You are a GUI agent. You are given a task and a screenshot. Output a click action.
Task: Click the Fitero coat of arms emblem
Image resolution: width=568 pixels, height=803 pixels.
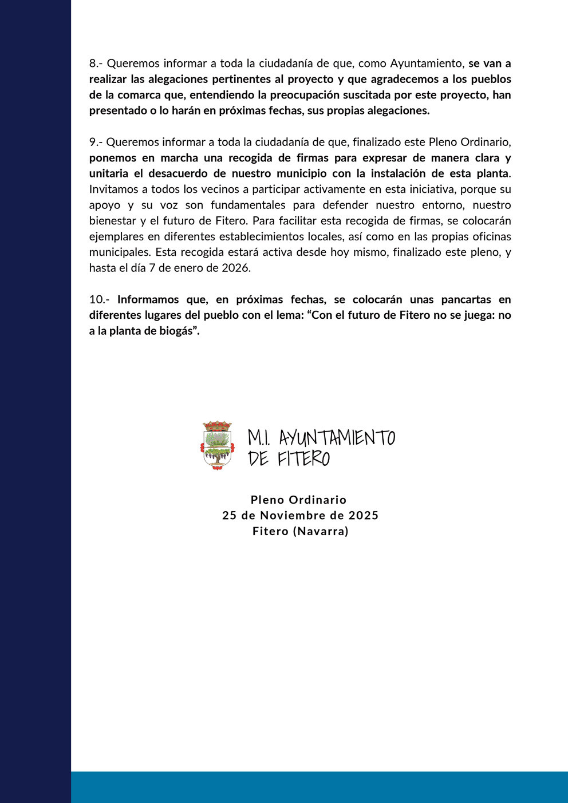tap(218, 446)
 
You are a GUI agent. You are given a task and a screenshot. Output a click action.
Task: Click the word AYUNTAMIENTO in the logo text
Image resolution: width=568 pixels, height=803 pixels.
tap(337, 438)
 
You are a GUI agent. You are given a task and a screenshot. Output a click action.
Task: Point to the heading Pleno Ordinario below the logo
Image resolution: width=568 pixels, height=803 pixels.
tap(298, 500)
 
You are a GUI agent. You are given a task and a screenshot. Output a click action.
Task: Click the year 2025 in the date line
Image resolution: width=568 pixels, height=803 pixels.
tap(364, 515)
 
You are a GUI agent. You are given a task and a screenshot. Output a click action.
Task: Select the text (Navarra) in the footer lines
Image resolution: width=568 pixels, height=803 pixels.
tap(321, 531)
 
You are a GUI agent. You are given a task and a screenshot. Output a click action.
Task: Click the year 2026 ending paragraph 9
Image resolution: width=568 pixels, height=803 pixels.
tap(236, 268)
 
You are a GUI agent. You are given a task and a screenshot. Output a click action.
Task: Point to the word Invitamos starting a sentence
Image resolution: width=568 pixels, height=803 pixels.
tap(111, 189)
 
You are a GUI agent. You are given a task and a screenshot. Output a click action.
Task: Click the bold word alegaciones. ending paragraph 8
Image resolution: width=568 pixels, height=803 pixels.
tap(396, 110)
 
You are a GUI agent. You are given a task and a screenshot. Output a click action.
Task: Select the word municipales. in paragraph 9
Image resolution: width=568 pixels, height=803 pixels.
tap(119, 252)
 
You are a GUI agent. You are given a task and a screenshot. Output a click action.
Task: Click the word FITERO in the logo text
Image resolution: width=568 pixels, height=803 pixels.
tap(303, 459)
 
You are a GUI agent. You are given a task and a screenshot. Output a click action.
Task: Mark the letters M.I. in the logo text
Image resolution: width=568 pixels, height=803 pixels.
tap(259, 438)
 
